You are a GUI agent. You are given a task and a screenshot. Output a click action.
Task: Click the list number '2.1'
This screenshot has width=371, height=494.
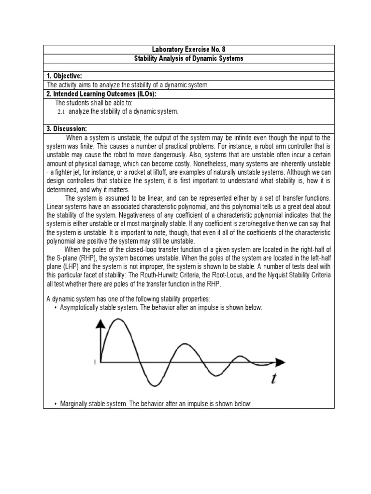(x=61, y=112)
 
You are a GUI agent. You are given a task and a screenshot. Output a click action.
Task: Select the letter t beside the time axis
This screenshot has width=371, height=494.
(x=273, y=379)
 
